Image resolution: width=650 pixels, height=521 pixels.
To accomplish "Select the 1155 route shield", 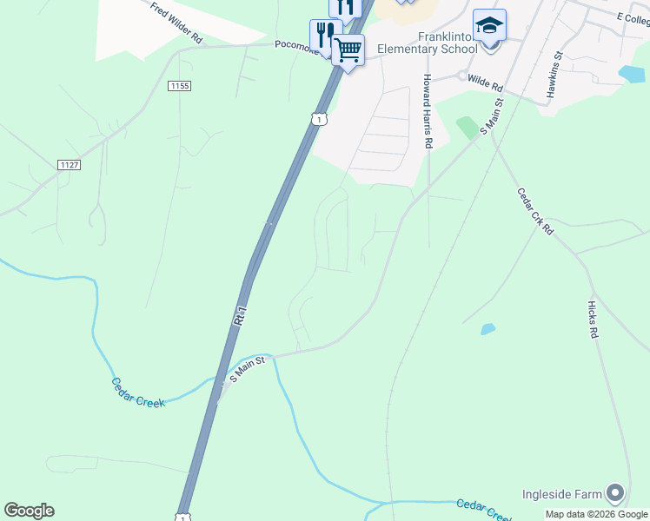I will (x=180, y=85).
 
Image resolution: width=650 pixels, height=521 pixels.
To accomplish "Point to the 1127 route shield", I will (x=69, y=164).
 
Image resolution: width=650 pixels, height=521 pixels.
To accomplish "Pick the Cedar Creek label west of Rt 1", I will (x=138, y=392).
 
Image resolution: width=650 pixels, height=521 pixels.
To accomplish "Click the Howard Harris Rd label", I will (x=428, y=111).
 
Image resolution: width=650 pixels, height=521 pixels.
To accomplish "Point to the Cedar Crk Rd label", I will (x=535, y=211).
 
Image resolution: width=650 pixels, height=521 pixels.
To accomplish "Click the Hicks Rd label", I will (x=593, y=320).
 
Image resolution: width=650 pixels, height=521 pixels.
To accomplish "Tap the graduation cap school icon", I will (x=489, y=25).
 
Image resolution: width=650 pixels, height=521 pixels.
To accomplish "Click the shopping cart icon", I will (x=348, y=50).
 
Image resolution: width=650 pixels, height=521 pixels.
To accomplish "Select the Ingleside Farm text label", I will (x=561, y=495).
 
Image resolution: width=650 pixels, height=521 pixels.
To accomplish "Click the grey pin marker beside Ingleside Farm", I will (x=616, y=494).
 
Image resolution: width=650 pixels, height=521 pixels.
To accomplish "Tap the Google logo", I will (x=29, y=511).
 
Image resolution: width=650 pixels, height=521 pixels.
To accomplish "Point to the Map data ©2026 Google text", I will (x=595, y=514).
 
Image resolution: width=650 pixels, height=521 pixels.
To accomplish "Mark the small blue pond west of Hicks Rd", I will (x=487, y=329).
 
